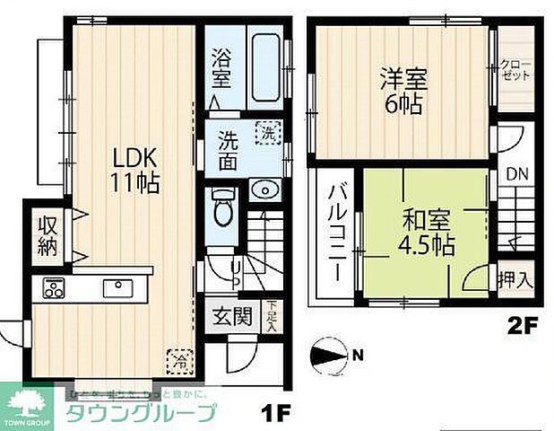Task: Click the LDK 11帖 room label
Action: coord(135,169)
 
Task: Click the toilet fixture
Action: coord(222,208)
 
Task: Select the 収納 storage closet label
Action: coord(47,234)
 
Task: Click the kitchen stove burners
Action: coord(54,289)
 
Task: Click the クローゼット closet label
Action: coord(517,71)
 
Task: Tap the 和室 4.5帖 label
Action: coord(427,230)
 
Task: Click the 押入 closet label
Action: coord(515,279)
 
